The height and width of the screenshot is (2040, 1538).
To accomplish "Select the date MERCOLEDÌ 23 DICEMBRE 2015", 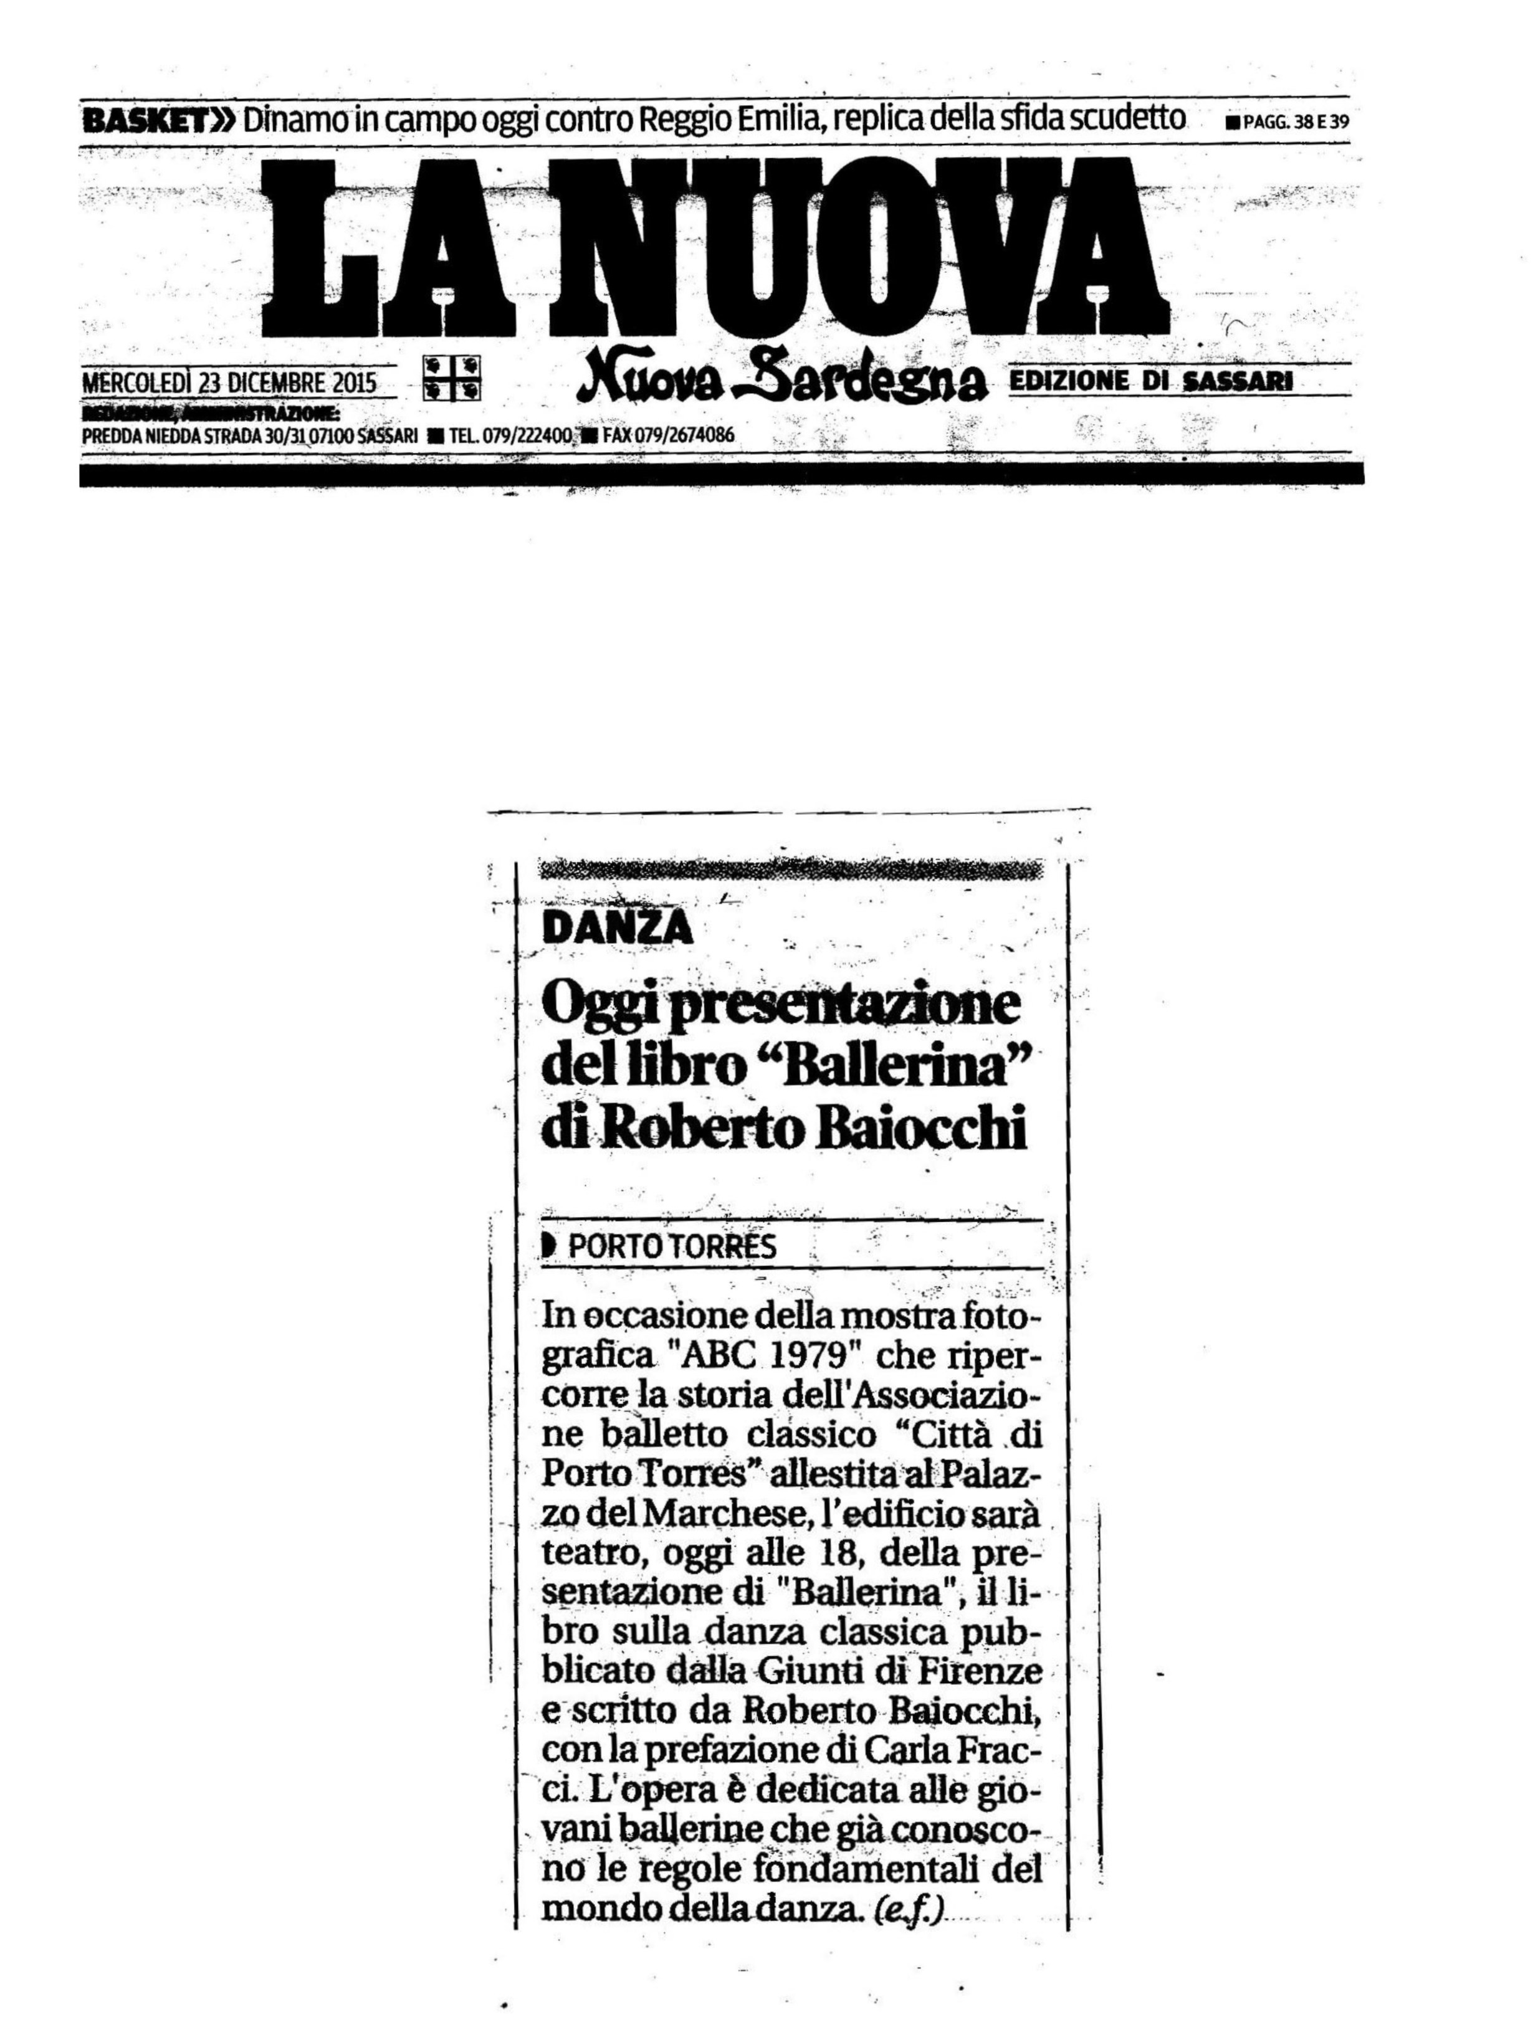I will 230,382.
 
